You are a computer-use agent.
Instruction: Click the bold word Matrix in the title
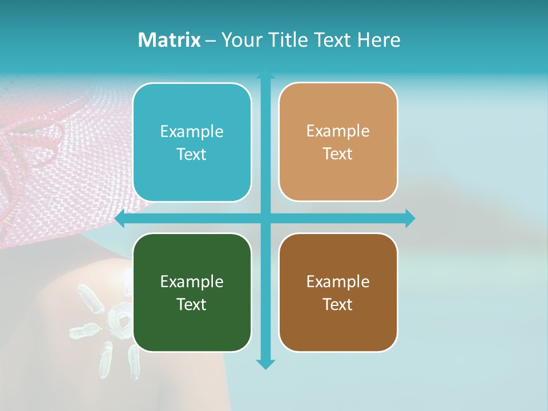(x=170, y=40)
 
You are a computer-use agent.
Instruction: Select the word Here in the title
(x=379, y=40)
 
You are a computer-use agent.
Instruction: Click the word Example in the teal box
(x=192, y=132)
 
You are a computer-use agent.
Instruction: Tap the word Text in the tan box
(x=338, y=154)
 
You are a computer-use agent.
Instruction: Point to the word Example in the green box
(x=192, y=281)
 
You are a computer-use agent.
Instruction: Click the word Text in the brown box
(x=338, y=304)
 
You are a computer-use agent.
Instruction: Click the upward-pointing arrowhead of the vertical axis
(x=265, y=75)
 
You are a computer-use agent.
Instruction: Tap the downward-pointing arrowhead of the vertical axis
(x=265, y=364)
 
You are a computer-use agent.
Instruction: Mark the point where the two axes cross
(x=265, y=219)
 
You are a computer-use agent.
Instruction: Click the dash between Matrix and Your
(x=211, y=41)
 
